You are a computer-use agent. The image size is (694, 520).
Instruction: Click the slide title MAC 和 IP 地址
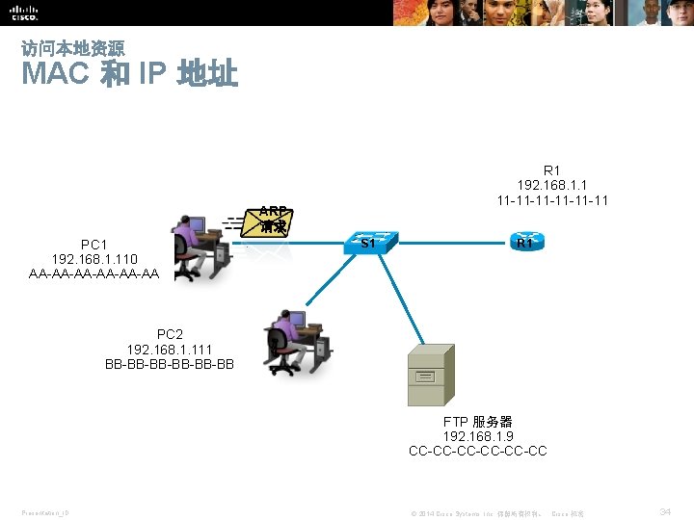pyautogui.click(x=129, y=73)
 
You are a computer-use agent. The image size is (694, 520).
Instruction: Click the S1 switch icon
pyautogui.click(x=369, y=243)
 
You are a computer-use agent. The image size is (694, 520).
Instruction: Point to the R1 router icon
pyautogui.click(x=525, y=243)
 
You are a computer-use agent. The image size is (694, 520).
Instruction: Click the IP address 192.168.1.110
pyautogui.click(x=94, y=259)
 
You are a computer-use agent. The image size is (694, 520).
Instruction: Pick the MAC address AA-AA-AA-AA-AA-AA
pyautogui.click(x=94, y=273)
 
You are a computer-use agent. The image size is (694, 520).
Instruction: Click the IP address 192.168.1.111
pyautogui.click(x=169, y=350)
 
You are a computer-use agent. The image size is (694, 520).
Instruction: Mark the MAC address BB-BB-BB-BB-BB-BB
pyautogui.click(x=169, y=364)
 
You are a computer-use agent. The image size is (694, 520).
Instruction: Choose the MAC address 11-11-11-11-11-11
pyautogui.click(x=552, y=200)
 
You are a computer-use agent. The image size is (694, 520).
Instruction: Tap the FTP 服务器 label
pyautogui.click(x=477, y=422)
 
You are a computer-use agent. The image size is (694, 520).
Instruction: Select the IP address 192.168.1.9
pyautogui.click(x=477, y=436)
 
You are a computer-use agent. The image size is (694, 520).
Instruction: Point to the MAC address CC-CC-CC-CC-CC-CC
pyautogui.click(x=477, y=451)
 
